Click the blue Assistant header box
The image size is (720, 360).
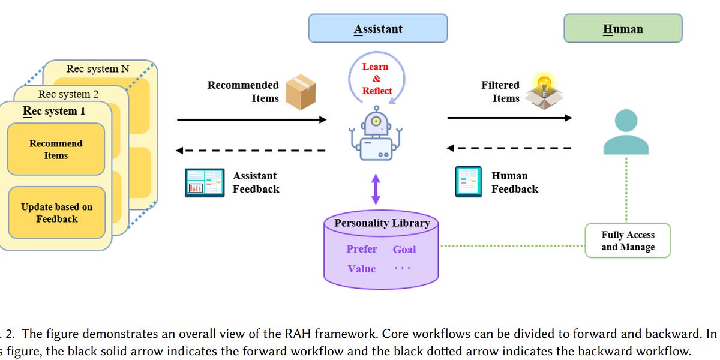point(377,28)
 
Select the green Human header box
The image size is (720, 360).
point(622,28)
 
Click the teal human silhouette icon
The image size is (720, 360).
point(625,133)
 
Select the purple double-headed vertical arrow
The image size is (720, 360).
point(376,188)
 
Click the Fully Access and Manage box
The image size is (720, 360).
point(628,241)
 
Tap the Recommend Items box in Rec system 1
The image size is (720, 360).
point(56,149)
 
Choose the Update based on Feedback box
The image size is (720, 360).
point(56,213)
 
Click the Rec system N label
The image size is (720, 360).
point(97,68)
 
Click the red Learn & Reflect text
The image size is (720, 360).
point(376,79)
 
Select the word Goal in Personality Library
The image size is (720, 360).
point(404,250)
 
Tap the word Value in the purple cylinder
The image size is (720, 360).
point(361,269)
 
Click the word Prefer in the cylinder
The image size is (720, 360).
point(362,249)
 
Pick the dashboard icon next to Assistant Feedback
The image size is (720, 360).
point(204,182)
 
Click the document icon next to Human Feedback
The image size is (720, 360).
point(468,182)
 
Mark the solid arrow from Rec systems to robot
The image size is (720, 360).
point(251,120)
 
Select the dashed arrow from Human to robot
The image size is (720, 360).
point(509,148)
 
